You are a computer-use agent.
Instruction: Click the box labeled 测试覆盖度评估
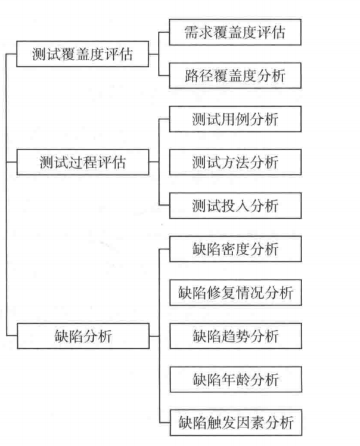tap(82, 56)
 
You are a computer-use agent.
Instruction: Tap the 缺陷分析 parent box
tap(82, 337)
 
